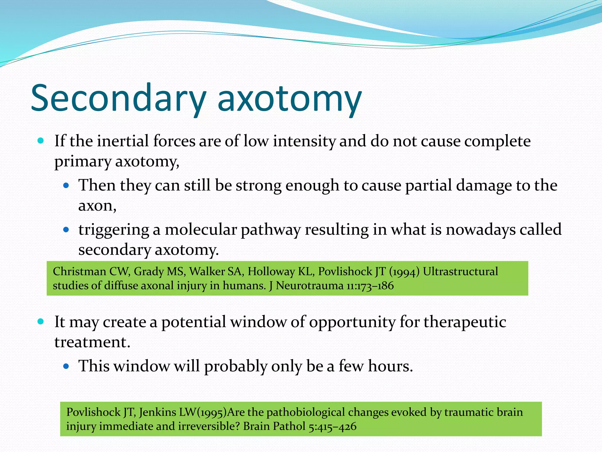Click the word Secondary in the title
point(118,99)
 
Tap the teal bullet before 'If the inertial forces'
point(41,141)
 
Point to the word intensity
point(304,141)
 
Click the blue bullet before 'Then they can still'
point(66,185)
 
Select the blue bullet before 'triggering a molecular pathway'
point(66,230)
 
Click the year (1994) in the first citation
point(404,272)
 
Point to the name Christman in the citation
point(79,271)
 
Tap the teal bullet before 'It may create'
point(41,321)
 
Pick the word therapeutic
point(465,322)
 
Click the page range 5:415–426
point(332,426)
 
